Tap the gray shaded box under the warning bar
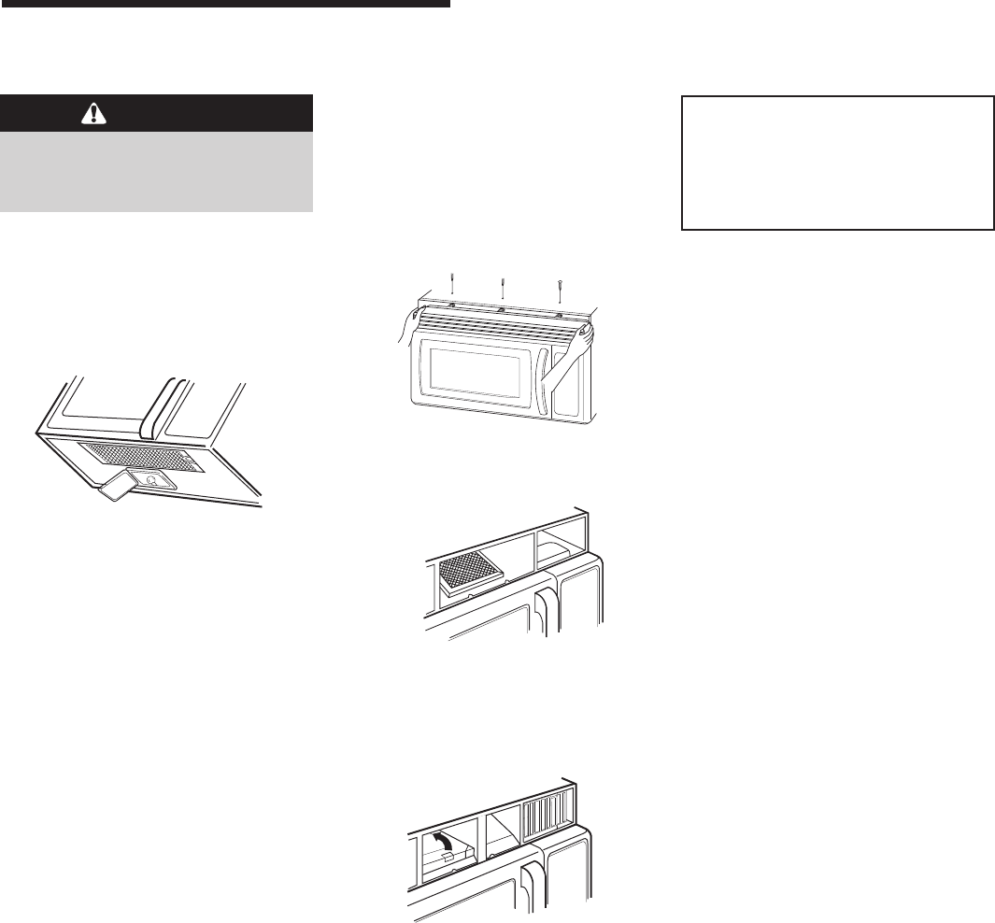pos(156,172)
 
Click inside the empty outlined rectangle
pos(836,162)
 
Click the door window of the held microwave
pos(475,369)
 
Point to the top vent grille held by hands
pos(500,322)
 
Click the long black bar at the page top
pos(225,4)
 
